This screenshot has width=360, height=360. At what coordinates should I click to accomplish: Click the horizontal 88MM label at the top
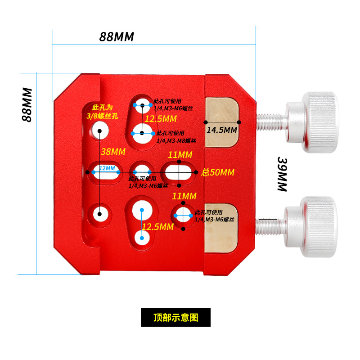[x=117, y=37]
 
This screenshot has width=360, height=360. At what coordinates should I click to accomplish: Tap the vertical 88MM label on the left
[x=27, y=104]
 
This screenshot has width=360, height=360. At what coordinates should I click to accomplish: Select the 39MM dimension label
[x=283, y=175]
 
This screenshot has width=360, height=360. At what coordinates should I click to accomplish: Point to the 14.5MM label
[x=221, y=130]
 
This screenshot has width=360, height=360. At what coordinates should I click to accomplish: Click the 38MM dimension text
[x=112, y=152]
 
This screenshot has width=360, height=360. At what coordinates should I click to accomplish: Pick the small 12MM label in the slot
[x=107, y=168]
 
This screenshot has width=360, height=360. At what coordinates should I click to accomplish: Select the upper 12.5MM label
[x=160, y=119]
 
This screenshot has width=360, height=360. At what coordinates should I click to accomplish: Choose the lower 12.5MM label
[x=157, y=227]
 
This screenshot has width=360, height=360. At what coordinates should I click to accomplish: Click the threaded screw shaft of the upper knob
[x=271, y=120]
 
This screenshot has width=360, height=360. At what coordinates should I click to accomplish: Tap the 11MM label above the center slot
[x=180, y=155]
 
